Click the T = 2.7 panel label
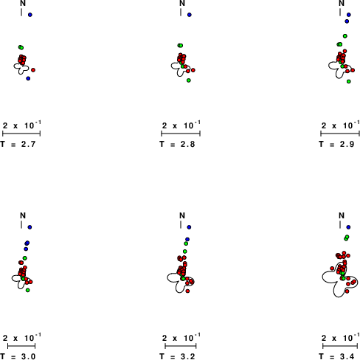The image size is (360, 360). (18, 144)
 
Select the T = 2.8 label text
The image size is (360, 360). (177, 144)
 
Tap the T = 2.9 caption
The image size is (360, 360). (336, 144)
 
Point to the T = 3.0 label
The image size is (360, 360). (18, 356)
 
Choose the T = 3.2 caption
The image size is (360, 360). (177, 356)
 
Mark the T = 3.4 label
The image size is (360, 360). (336, 356)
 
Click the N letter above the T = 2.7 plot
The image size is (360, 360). (23, 3)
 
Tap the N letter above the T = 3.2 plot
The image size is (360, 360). (182, 215)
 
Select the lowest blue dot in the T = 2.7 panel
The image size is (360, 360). (28, 78)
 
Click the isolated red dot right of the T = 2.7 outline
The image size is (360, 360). (33, 70)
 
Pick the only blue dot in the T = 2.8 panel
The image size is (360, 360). (190, 15)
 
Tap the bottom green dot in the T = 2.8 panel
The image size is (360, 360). (189, 80)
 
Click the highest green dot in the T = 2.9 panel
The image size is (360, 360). (345, 36)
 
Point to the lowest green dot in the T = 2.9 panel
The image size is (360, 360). (349, 81)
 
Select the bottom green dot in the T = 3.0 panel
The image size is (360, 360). (28, 290)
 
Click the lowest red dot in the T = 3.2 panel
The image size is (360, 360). (187, 291)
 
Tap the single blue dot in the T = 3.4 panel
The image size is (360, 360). (348, 227)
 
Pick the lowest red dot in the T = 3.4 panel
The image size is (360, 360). (347, 291)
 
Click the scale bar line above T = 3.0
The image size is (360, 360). (21, 346)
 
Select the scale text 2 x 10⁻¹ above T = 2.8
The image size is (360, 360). (181, 125)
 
